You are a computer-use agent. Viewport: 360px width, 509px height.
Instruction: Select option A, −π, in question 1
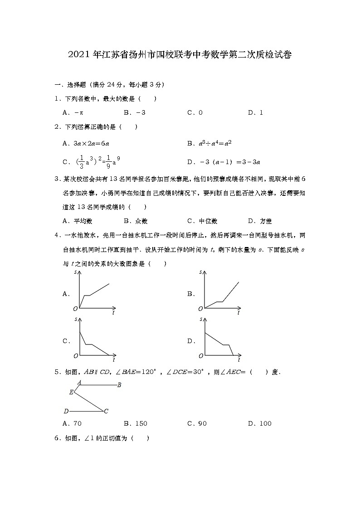tap(73, 113)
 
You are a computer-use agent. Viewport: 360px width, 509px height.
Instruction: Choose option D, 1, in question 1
tap(256, 113)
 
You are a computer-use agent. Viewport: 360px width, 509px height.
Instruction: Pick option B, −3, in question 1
tap(134, 113)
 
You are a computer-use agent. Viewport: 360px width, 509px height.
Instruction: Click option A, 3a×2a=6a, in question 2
tap(86, 143)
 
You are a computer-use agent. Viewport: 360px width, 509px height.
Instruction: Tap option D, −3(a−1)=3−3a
tap(226, 161)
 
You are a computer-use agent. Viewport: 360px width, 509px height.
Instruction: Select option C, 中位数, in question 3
tap(202, 221)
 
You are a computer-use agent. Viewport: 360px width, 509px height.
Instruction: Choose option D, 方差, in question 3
tap(260, 221)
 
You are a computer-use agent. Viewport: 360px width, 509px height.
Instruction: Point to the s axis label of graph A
tap(75, 272)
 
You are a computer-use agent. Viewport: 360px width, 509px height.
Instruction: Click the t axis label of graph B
tap(238, 313)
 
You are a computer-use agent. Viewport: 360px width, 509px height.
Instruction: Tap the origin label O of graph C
tap(76, 356)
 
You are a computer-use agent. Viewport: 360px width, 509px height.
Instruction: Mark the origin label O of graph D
tap(200, 356)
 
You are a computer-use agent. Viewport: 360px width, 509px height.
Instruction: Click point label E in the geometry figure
tap(71, 393)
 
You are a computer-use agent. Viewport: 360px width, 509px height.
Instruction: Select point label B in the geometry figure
tap(119, 385)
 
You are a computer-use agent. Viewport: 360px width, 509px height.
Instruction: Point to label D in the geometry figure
tap(66, 412)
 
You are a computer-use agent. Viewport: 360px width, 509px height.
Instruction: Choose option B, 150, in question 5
tap(136, 424)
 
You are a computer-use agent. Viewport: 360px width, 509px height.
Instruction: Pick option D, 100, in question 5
tap(260, 424)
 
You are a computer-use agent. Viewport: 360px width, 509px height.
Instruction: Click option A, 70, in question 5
tap(72, 424)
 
